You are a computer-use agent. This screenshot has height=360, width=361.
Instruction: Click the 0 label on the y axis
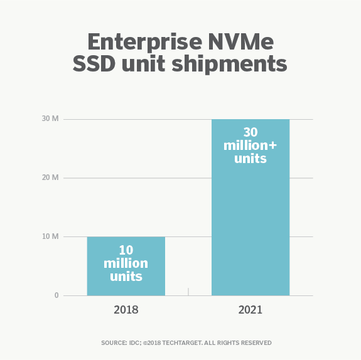[56, 295]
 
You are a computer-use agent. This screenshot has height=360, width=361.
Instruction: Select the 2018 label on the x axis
[126, 310]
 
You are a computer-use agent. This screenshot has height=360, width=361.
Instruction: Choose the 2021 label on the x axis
[250, 310]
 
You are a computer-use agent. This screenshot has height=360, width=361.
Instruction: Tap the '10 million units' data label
[126, 263]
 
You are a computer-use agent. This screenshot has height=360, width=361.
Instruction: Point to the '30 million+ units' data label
[250, 146]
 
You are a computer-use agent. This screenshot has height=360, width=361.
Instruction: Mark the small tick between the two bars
[188, 292]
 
